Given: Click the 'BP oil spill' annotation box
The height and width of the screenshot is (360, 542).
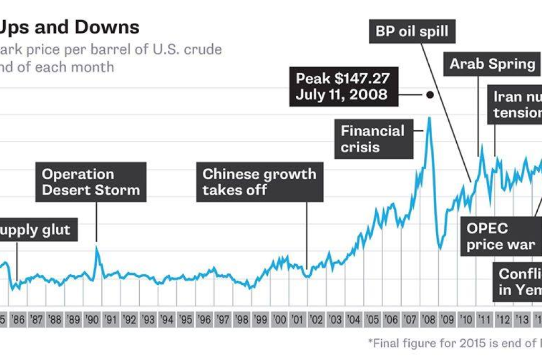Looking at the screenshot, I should (412, 31).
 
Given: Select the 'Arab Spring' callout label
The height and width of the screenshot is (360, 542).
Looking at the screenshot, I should (492, 65).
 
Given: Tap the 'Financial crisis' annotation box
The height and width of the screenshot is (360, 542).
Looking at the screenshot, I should (373, 139).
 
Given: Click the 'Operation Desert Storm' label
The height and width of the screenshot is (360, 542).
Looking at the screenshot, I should (91, 182).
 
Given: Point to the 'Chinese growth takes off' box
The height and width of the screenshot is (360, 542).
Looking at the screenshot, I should (259, 182).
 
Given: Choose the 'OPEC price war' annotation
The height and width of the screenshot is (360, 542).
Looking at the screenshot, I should (501, 237).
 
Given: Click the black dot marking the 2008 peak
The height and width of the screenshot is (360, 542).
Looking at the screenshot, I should (430, 95).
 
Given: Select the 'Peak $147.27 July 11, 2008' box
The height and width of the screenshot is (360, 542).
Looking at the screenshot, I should (342, 87).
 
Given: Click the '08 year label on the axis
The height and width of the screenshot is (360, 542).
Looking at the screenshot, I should (428, 320).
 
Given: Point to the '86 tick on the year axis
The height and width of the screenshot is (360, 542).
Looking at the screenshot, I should (19, 320).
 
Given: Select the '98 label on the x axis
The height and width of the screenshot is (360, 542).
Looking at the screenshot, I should (242, 320).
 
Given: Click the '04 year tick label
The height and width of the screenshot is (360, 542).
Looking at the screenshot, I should (354, 320).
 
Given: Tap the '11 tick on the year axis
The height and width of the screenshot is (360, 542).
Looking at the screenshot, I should (484, 320).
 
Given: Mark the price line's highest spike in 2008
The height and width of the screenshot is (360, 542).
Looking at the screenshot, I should (429, 118).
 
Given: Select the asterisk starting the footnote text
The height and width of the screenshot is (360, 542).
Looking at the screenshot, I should (370, 342).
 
